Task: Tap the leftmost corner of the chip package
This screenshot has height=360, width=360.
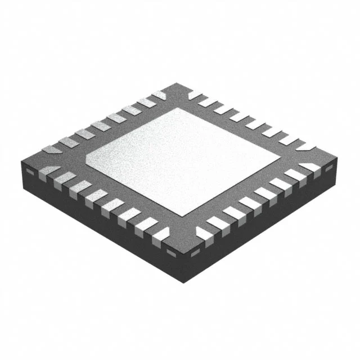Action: click(x=21, y=164)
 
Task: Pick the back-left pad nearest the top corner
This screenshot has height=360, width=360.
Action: click(x=159, y=96)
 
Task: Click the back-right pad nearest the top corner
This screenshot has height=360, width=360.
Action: click(x=194, y=95)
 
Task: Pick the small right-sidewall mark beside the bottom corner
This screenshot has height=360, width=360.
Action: click(x=195, y=251)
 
